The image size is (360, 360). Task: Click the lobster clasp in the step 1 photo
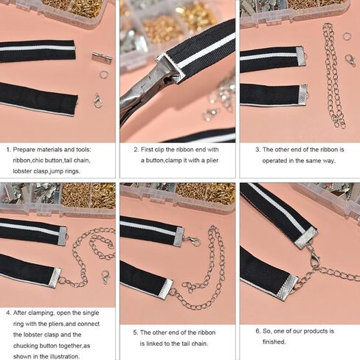pyautogui.click(x=98, y=101)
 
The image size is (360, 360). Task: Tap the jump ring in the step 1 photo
pyautogui.click(x=104, y=75)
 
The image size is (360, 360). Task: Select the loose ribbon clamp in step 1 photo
pyautogui.click(x=102, y=58)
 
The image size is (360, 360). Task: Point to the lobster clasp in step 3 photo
pyautogui.click(x=350, y=60)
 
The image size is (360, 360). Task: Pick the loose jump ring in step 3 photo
pyautogui.click(x=347, y=36)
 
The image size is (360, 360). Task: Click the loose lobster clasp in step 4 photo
pyautogui.click(x=105, y=277)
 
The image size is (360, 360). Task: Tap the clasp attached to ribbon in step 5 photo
pyautogui.click(x=193, y=240)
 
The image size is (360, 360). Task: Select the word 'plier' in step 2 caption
pyautogui.click(x=212, y=161)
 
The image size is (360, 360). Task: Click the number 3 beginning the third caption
pyautogui.click(x=257, y=150)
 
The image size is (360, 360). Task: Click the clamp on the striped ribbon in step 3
pyautogui.click(x=301, y=56)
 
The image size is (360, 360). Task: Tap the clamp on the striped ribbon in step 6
pyautogui.click(x=306, y=238)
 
